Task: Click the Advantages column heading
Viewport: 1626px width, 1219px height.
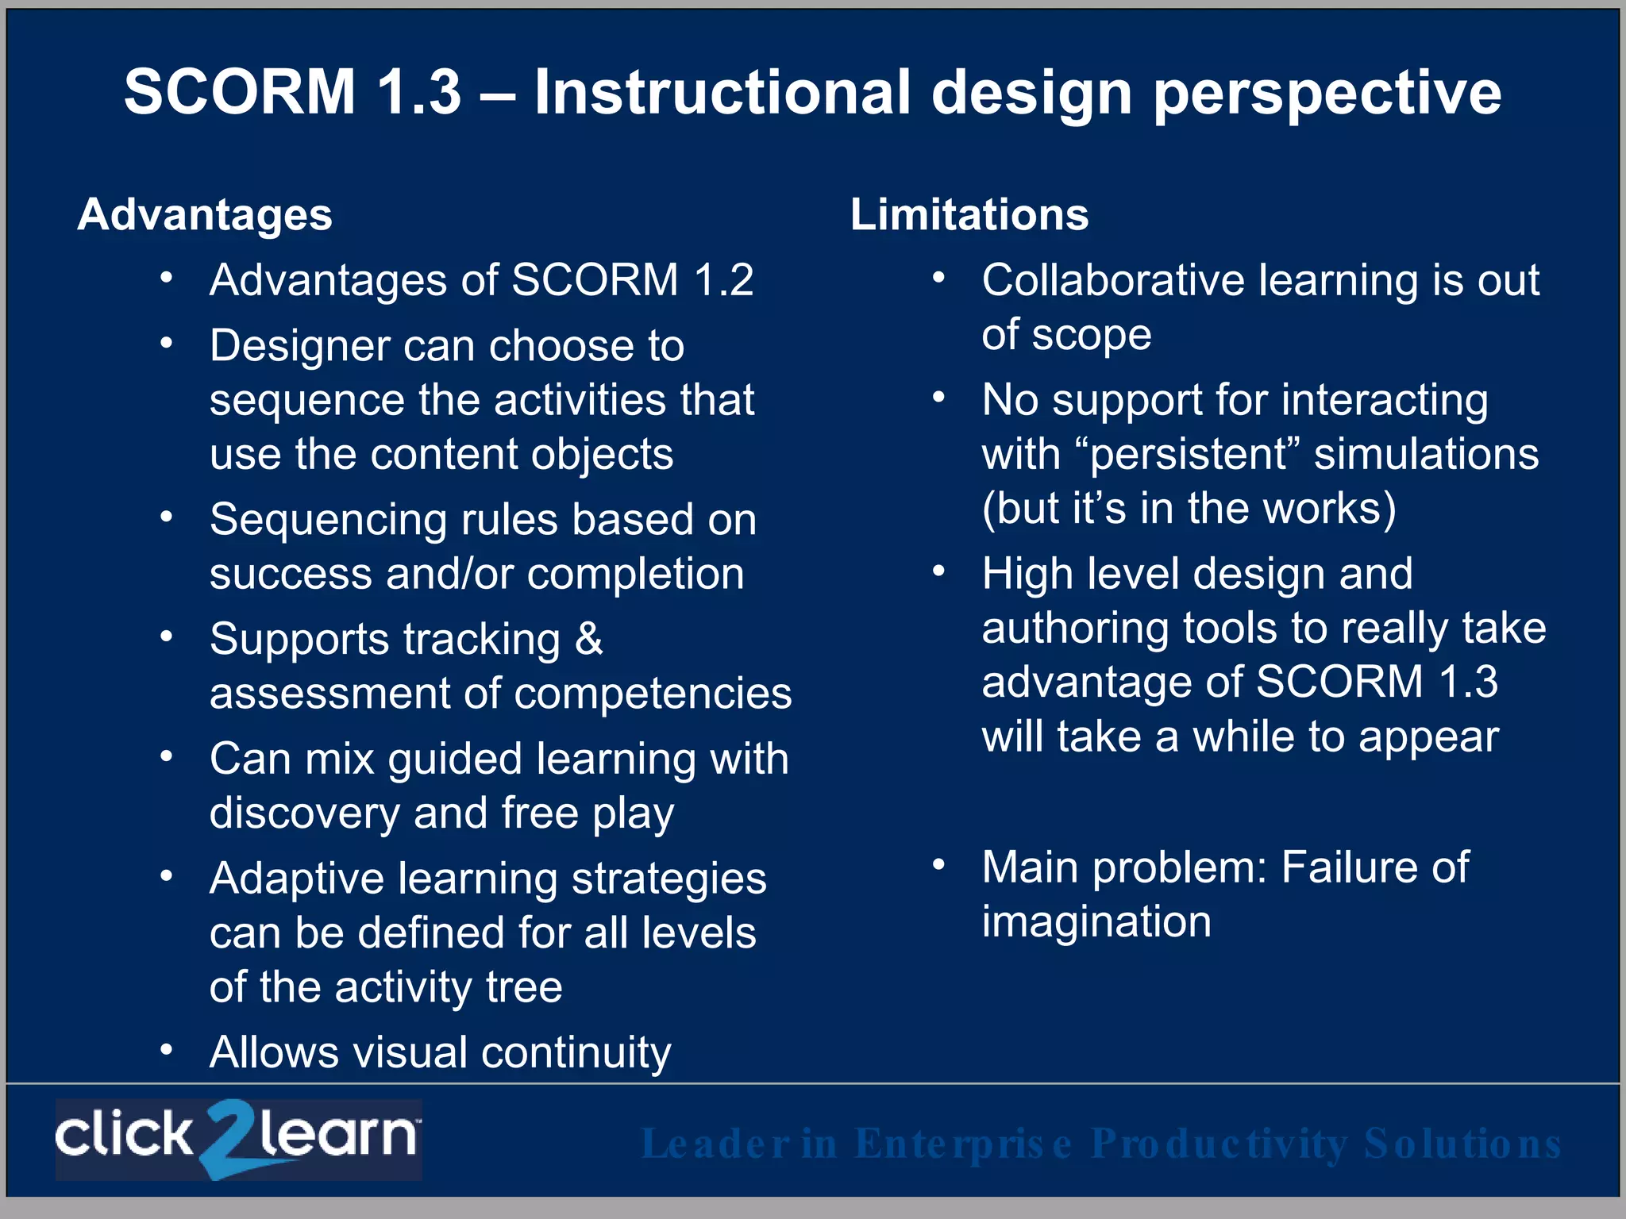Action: [x=205, y=215]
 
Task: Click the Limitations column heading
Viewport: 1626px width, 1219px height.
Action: [x=969, y=215]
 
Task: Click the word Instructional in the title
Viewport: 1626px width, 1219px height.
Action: [x=722, y=92]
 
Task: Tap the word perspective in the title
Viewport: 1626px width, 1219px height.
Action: [x=1327, y=94]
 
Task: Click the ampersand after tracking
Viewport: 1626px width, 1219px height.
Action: [x=588, y=640]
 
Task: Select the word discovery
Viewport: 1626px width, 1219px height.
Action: [x=304, y=814]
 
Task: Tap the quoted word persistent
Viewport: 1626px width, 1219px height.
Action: [x=1188, y=455]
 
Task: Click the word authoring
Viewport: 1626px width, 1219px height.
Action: [x=1075, y=629]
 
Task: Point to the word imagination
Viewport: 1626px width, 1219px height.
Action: [x=1096, y=922]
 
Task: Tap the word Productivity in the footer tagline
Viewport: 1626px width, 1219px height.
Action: [x=1219, y=1144]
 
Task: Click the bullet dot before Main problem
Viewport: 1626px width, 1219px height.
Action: [x=939, y=865]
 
